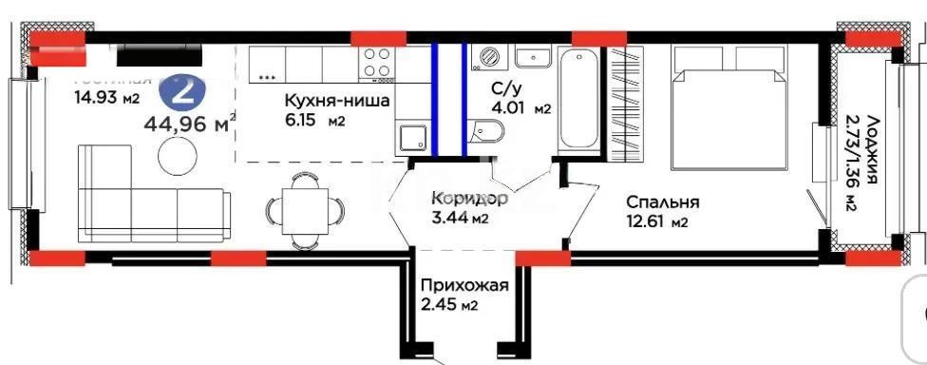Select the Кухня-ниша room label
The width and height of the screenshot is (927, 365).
[337, 101]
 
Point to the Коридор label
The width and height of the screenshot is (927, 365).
[468, 200]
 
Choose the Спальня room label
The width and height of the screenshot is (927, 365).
[662, 202]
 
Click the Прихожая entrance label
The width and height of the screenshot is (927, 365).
[465, 285]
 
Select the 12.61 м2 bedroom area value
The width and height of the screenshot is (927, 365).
[656, 223]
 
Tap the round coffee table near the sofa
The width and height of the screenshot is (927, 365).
[179, 155]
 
